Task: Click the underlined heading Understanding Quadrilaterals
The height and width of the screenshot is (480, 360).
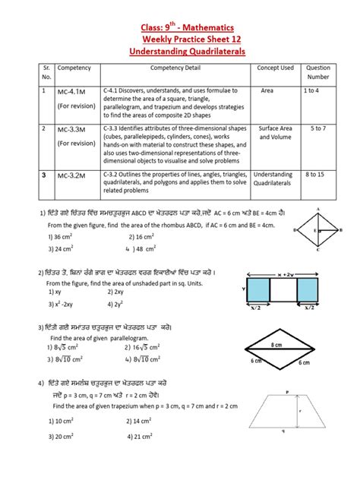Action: (180, 49)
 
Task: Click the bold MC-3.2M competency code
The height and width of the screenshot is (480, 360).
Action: (74, 174)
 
